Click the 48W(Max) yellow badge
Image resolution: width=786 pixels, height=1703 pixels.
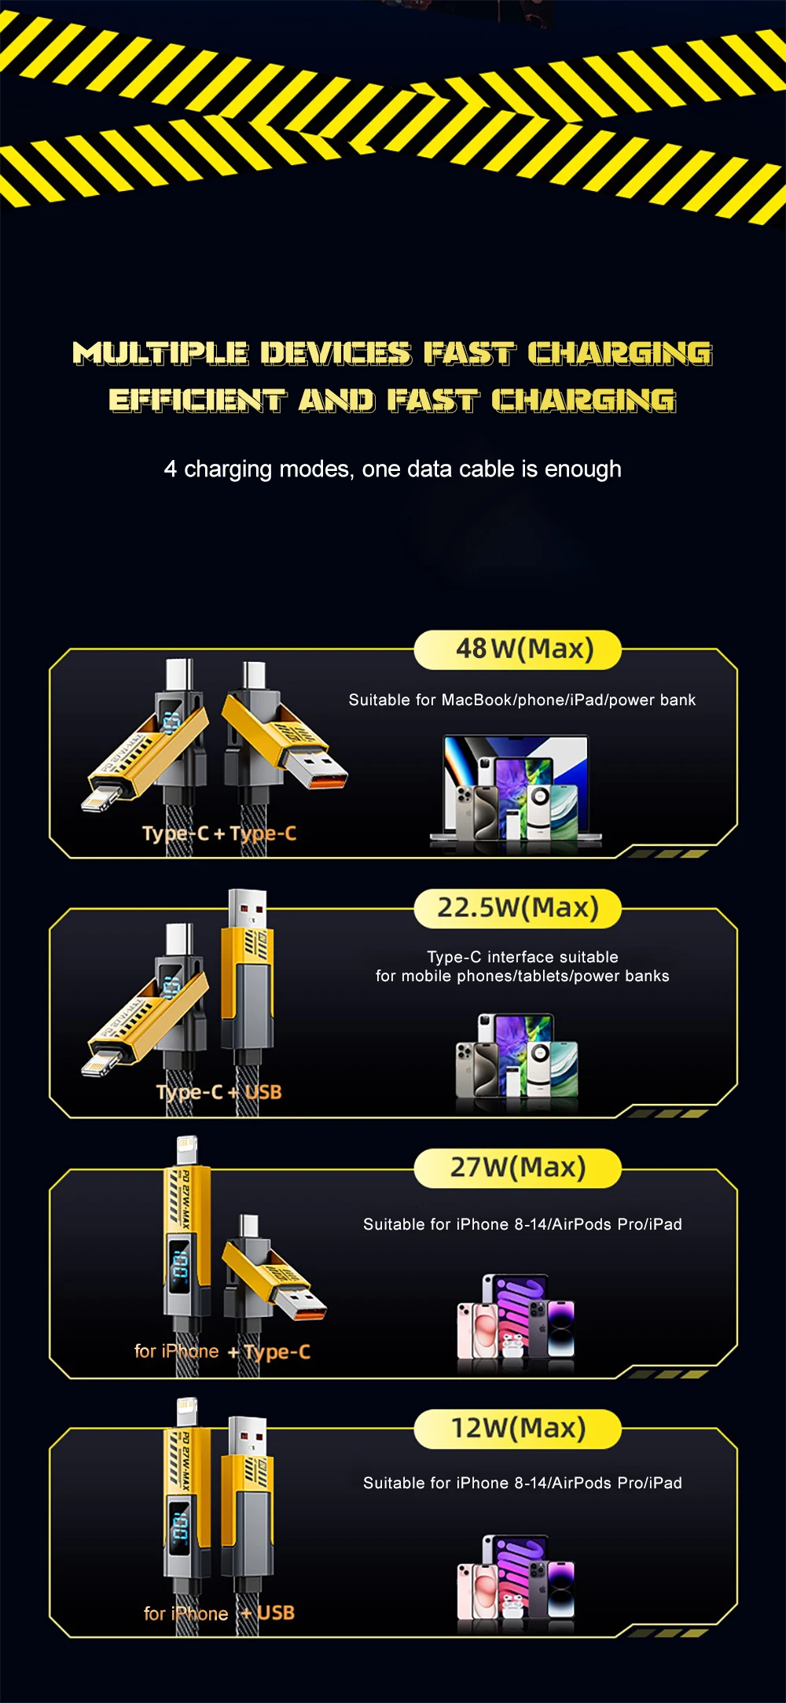click(x=517, y=649)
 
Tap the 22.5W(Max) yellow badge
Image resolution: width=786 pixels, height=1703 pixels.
click(x=517, y=908)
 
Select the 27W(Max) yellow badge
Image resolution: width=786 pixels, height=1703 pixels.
click(x=517, y=1168)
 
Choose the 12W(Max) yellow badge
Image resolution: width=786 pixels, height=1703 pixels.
click(x=517, y=1428)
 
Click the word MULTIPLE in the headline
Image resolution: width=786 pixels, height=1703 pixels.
click(x=161, y=353)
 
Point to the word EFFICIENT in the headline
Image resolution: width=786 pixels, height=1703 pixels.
click(x=196, y=400)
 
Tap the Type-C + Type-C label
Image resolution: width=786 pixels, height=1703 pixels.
click(x=219, y=833)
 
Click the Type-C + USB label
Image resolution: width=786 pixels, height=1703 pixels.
click(x=219, y=1092)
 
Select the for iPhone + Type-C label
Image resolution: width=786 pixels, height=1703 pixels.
click(x=222, y=1352)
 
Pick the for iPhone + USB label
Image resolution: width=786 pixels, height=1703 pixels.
click(x=219, y=1613)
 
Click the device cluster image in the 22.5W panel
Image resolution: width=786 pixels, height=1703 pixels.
click(x=516, y=1057)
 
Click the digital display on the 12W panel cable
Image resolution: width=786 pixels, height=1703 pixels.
click(x=180, y=1526)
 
